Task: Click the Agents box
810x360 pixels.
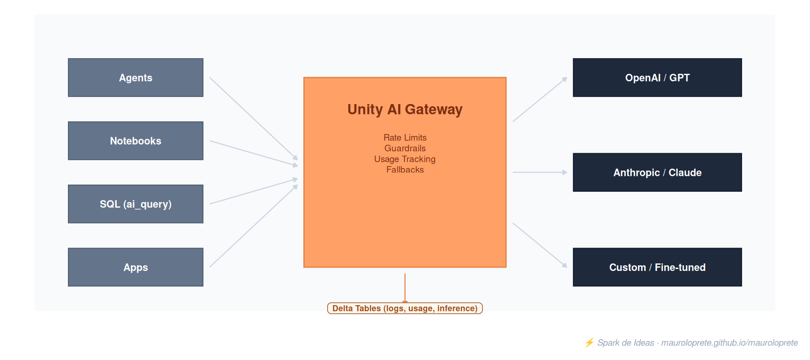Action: point(135,77)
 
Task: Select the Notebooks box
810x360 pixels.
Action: point(135,141)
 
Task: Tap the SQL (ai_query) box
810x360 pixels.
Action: point(135,204)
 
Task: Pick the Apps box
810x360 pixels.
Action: point(135,267)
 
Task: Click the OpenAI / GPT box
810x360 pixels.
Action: point(657,77)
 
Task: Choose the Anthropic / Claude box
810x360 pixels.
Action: point(657,172)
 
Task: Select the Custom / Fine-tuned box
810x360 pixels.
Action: point(657,267)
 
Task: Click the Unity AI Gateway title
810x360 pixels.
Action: point(405,109)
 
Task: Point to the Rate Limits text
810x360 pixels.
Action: point(405,137)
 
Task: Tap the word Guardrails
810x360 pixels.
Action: point(405,148)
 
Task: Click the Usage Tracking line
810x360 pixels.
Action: point(405,159)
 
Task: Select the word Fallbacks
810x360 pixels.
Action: point(405,170)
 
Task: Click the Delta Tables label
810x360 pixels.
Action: point(405,308)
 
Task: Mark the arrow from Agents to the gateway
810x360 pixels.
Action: point(254,119)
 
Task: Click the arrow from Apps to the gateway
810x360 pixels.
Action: point(254,226)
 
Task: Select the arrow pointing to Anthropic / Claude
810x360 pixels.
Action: point(540,172)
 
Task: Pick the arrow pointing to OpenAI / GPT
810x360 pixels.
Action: point(540,99)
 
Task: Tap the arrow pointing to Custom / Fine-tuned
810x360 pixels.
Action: point(540,245)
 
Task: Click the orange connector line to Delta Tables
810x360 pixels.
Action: point(405,288)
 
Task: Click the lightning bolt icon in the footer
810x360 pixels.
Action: point(589,343)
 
